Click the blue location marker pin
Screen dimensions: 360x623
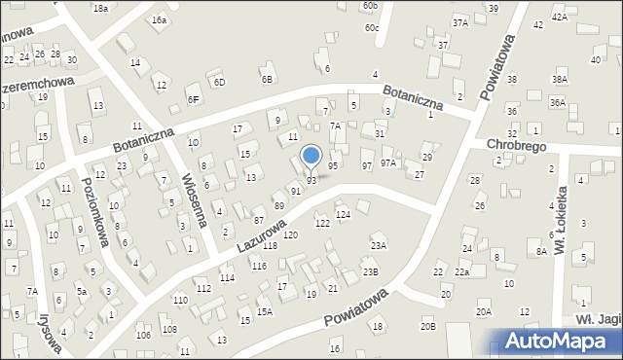[311, 156]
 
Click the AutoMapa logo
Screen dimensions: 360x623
[560, 342]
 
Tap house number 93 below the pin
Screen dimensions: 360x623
[311, 181]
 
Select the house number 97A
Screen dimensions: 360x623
[388, 162]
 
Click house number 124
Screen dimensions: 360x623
[343, 214]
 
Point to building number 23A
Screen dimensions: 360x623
[378, 246]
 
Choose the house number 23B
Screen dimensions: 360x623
[371, 271]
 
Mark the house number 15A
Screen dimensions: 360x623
[265, 312]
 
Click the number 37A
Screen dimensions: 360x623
[460, 21]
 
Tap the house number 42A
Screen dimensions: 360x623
[559, 18]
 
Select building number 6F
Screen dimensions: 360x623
[193, 99]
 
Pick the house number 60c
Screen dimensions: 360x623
[372, 28]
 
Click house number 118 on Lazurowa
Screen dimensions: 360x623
[270, 246]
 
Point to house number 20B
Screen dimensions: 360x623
[428, 326]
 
